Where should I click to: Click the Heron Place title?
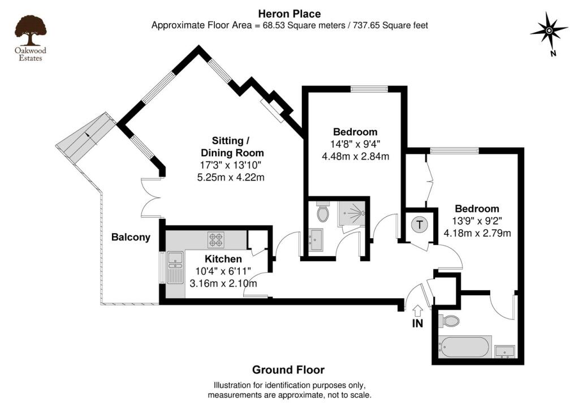point(289,13)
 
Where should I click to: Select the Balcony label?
point(131,237)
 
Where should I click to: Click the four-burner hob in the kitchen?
point(215,240)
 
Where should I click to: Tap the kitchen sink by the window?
point(175,266)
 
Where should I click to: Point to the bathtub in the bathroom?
point(464,347)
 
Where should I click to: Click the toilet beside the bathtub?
point(449,321)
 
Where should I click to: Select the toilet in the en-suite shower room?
point(323,213)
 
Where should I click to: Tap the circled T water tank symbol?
point(419,225)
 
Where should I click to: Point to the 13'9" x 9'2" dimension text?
point(477,221)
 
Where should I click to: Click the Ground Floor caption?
point(288,370)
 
